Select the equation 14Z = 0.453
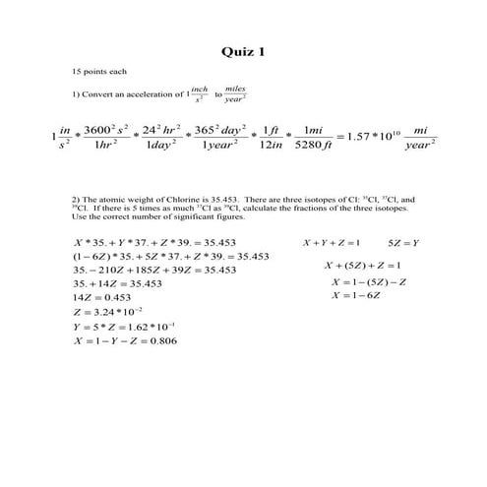point(102,296)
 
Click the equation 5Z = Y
point(403,242)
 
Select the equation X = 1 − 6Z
point(355,295)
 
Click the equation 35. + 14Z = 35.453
point(119,282)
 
